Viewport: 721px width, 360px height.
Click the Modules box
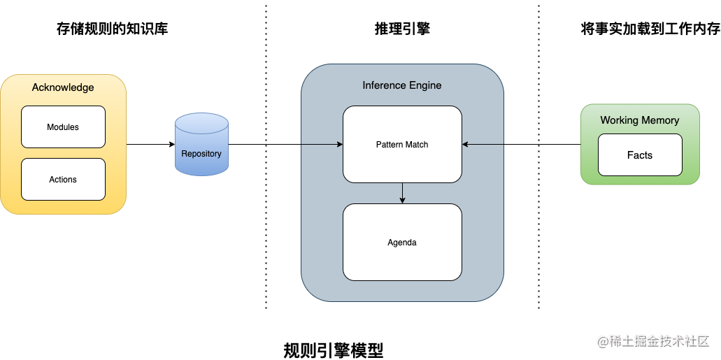tap(63, 127)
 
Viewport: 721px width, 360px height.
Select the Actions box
tap(63, 180)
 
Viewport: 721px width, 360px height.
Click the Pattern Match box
tap(402, 144)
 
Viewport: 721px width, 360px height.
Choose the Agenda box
tap(402, 243)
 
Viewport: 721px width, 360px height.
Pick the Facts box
tap(639, 155)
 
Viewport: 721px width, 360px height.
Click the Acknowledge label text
tap(63, 87)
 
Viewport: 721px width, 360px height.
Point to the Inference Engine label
tap(402, 85)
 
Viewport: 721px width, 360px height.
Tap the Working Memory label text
tap(639, 120)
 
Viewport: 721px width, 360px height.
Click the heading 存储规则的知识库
tap(112, 29)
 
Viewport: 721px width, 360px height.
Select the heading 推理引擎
tap(402, 29)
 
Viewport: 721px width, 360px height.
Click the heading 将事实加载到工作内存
tap(650, 29)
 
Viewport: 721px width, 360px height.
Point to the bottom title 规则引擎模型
tap(334, 350)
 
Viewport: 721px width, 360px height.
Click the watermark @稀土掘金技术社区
tap(653, 341)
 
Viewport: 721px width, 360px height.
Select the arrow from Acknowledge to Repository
tap(150, 145)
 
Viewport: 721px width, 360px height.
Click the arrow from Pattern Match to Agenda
tap(402, 193)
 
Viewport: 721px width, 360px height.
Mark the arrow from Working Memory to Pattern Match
tap(521, 145)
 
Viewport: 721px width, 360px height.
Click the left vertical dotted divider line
tap(266, 210)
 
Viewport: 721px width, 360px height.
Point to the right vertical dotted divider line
tap(538, 210)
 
